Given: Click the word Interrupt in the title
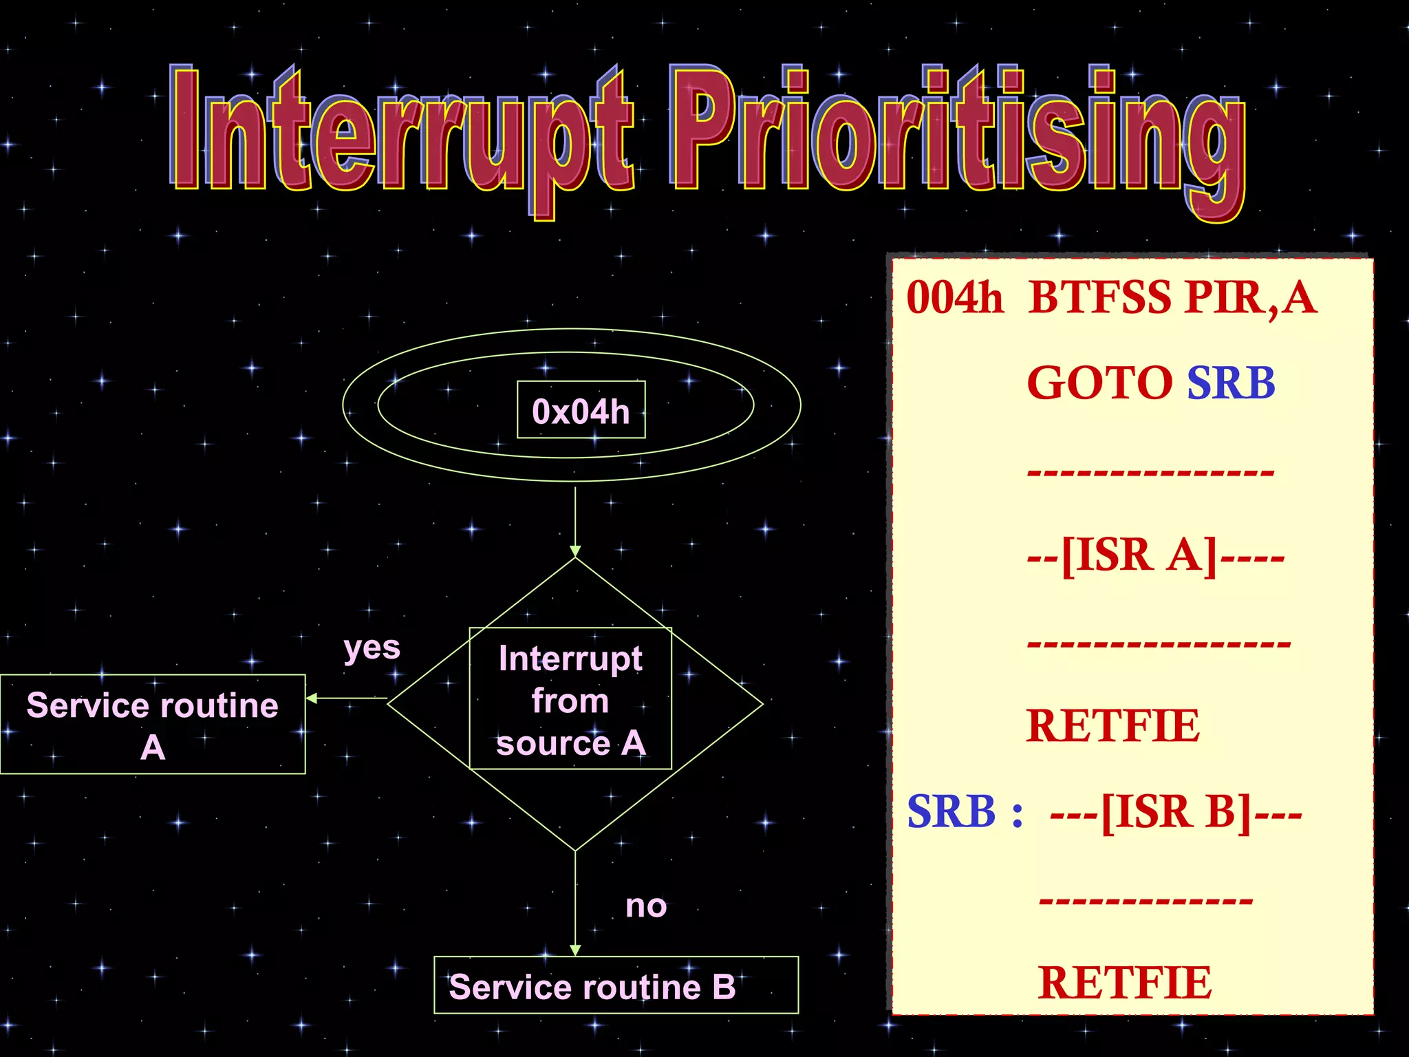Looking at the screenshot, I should point(402,134).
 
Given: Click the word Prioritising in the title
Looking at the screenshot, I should point(956,134).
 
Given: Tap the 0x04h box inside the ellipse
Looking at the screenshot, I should point(581,410).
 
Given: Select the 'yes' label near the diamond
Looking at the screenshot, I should point(372,648).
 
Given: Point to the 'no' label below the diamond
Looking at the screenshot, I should point(645,906).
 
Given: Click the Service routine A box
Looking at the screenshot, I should point(152,724).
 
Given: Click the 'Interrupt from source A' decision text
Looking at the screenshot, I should point(570,699).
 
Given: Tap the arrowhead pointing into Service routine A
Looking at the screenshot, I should point(311,698).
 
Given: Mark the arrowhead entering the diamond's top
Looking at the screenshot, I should point(575,551).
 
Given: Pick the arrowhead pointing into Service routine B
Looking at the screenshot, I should point(575,950).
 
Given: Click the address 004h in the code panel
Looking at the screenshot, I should point(954,298).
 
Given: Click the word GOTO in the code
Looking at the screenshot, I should point(1099,383).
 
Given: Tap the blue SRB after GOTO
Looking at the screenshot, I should point(1230,383).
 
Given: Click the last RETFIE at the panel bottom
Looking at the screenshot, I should point(1124,983).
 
